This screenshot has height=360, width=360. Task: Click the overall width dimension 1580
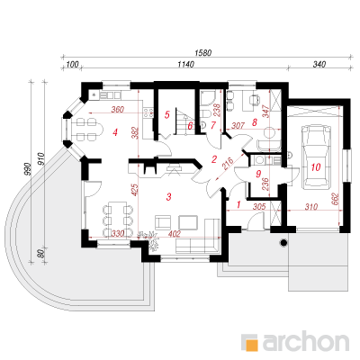coord(203,53)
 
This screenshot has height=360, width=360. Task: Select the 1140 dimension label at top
coord(185,64)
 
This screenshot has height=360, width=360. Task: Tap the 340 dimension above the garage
coord(319,64)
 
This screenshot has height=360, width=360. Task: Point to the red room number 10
coord(316,167)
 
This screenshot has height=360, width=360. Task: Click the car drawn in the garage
coord(317,157)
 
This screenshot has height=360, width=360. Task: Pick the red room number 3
coord(168,197)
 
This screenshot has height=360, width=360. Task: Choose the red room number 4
coord(115,132)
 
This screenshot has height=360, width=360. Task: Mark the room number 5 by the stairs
coord(167,114)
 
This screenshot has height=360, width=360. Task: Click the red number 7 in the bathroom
coord(213,125)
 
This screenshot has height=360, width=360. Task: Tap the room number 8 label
coord(255,122)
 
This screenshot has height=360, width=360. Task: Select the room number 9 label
coord(259,173)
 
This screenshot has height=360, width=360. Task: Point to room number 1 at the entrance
coord(238,204)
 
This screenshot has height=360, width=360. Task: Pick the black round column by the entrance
coord(283,242)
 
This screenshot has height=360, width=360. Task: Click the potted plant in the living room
coord(152,241)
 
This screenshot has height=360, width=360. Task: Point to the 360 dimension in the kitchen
coord(117,110)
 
